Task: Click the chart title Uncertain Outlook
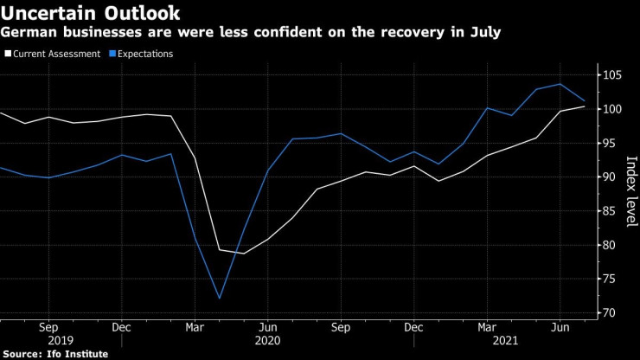click(x=91, y=13)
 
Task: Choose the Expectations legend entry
click(x=139, y=54)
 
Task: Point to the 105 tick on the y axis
click(x=613, y=75)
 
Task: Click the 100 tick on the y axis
click(x=613, y=109)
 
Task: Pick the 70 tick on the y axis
click(x=611, y=312)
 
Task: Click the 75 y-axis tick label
click(x=611, y=279)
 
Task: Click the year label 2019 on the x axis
click(x=49, y=341)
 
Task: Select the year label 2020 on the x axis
click(x=268, y=341)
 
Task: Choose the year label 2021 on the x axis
click(x=488, y=341)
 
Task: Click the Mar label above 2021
click(x=488, y=328)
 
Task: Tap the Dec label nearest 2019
click(x=122, y=328)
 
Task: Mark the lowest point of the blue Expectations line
click(x=220, y=299)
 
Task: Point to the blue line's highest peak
click(x=561, y=84)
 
